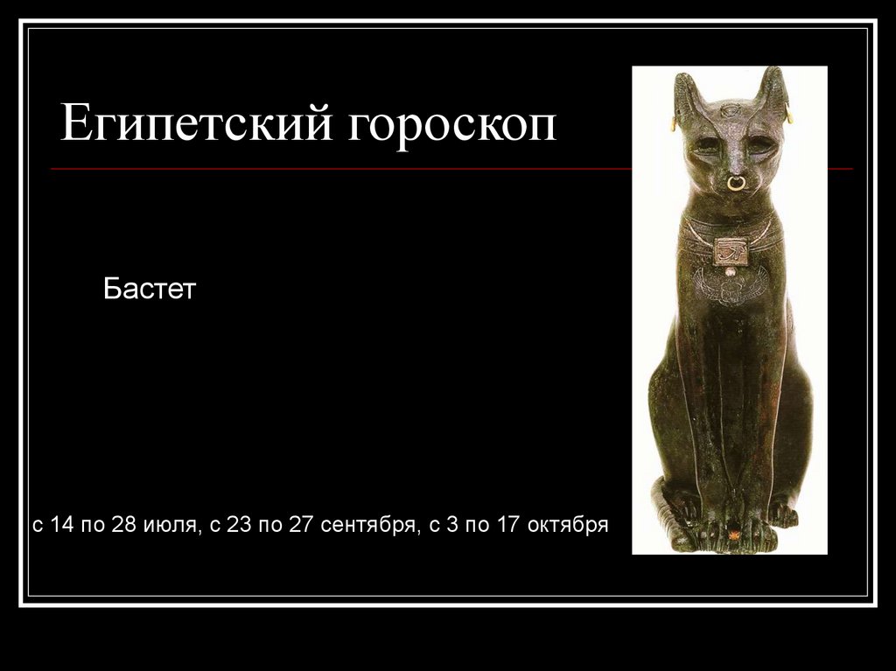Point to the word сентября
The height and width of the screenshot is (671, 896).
pyautogui.click(x=366, y=525)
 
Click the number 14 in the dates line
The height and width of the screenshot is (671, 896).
pyautogui.click(x=63, y=525)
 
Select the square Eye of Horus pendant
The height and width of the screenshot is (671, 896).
pyautogui.click(x=730, y=252)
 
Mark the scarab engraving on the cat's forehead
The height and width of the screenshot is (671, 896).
pyautogui.click(x=731, y=111)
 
